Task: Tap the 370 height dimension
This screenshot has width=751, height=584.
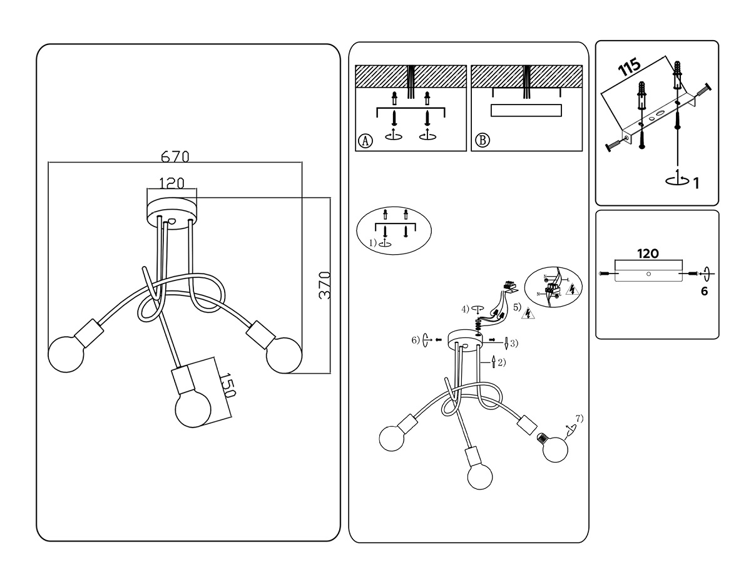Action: [x=324, y=285]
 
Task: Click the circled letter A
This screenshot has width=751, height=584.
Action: [x=365, y=140]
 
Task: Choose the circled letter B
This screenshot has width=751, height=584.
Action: [x=481, y=140]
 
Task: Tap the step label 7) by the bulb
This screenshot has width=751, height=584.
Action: [x=579, y=418]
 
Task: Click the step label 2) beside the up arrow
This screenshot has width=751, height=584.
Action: [x=501, y=362]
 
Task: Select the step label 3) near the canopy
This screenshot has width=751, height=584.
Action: [x=513, y=343]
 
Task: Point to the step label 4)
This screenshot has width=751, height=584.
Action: [x=466, y=309]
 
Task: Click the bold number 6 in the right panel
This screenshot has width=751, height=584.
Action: [x=705, y=291]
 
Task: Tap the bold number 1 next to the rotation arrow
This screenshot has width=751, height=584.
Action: [x=695, y=183]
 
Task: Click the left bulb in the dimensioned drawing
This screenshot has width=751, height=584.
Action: [x=65, y=354]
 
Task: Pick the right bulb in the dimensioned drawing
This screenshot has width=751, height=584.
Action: [x=284, y=356]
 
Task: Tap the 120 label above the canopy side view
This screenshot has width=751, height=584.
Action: [x=648, y=254]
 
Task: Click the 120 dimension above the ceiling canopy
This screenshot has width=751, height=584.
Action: [x=171, y=183]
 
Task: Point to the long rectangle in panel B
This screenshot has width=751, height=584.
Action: [x=526, y=111]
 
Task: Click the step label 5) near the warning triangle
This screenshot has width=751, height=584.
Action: [x=517, y=307]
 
